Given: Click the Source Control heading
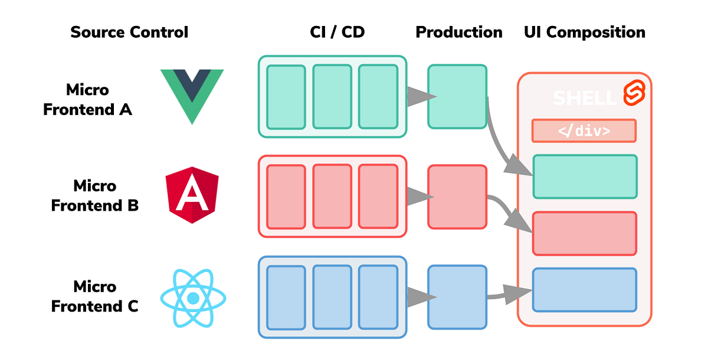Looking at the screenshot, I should coord(129,32).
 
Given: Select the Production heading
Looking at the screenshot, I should coord(459,32).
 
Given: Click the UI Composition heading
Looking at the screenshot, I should coord(585,32).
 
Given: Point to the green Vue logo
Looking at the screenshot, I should coord(192,94).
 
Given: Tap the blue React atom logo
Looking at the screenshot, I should coord(192,298).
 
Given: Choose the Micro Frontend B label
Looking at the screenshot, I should coord(94,196).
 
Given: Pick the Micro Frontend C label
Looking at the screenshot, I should coord(94,297).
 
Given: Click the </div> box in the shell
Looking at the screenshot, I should coord(584,131).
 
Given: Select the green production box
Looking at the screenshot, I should coord(457,97).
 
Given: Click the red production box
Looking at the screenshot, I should coord(457,197).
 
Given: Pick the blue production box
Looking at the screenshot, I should coord(457,297).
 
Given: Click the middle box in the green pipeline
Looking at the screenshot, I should coord(332,97).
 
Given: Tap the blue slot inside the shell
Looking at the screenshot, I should coord(585,290).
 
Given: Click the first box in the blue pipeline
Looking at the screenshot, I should coord(286,297).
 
